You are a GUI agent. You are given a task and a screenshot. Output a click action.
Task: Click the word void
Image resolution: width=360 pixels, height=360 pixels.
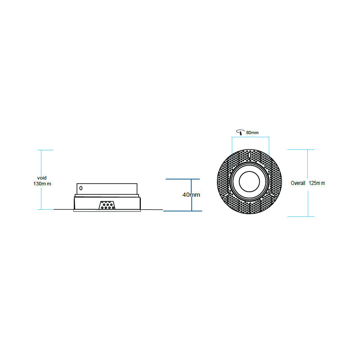click(41, 178)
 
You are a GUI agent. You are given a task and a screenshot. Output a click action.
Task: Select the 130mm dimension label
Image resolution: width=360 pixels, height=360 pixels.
click(42, 184)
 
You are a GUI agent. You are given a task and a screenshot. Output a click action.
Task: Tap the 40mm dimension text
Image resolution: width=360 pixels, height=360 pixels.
click(191, 195)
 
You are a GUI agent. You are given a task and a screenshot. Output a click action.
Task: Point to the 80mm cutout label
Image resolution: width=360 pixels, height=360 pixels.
click(252, 133)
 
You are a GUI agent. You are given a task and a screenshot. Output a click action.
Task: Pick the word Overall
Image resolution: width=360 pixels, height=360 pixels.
click(298, 183)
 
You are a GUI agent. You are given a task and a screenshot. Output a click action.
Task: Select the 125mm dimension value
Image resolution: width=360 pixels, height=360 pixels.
click(317, 183)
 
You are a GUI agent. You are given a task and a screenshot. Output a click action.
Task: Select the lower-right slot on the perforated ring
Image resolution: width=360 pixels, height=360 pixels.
click(272, 194)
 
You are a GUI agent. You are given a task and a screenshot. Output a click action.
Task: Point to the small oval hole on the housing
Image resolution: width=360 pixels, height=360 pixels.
click(81, 188)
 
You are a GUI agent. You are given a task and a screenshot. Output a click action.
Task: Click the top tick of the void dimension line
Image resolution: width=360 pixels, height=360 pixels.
click(42, 150)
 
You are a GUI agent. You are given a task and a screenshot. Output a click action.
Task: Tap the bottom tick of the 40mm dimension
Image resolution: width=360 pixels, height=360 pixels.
click(183, 211)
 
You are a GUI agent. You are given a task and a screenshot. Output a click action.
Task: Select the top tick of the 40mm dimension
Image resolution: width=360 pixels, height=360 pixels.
click(183, 179)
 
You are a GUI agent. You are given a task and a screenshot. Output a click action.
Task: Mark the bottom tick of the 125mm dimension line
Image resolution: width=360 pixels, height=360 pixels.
click(300, 216)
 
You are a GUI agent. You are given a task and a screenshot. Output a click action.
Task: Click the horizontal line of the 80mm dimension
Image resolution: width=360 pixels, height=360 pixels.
click(250, 138)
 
